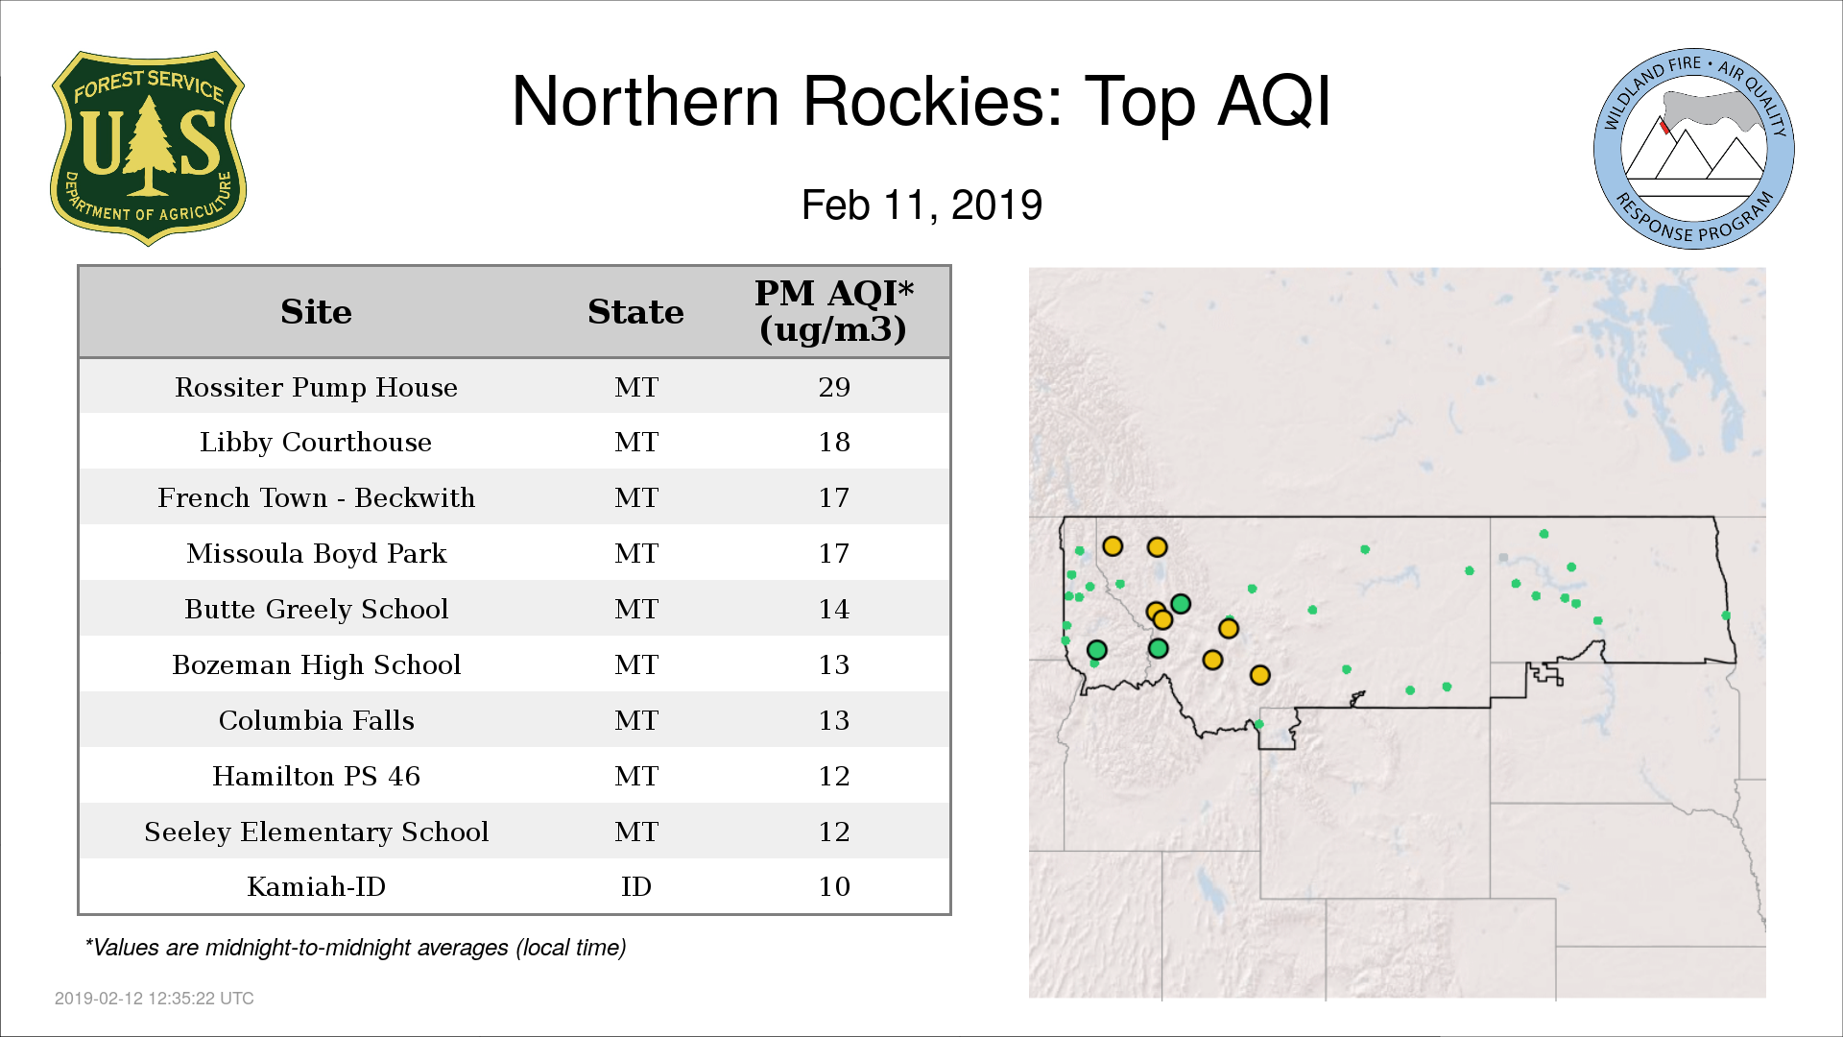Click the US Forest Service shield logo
pyautogui.click(x=148, y=148)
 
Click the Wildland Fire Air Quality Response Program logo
pyautogui.click(x=1694, y=149)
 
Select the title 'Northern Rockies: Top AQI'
pyautogui.click(x=921, y=101)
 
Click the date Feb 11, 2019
pyautogui.click(x=921, y=205)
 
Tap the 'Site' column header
pyautogui.click(x=316, y=312)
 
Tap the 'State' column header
pyautogui.click(x=635, y=312)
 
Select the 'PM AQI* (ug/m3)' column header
pyautogui.click(x=833, y=311)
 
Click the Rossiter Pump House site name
pyautogui.click(x=316, y=387)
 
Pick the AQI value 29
pyautogui.click(x=834, y=387)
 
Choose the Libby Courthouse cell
pyautogui.click(x=316, y=443)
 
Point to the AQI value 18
pyautogui.click(x=834, y=443)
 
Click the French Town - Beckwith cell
pyautogui.click(x=316, y=497)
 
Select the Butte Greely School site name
pyautogui.click(x=316, y=609)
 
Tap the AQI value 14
pyautogui.click(x=834, y=609)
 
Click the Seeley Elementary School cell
pyautogui.click(x=316, y=832)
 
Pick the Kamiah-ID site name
pyautogui.click(x=316, y=886)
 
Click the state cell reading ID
pyautogui.click(x=636, y=886)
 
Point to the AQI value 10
pyautogui.click(x=834, y=886)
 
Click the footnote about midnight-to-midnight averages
pyautogui.click(x=355, y=948)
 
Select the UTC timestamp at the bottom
pyautogui.click(x=155, y=999)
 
